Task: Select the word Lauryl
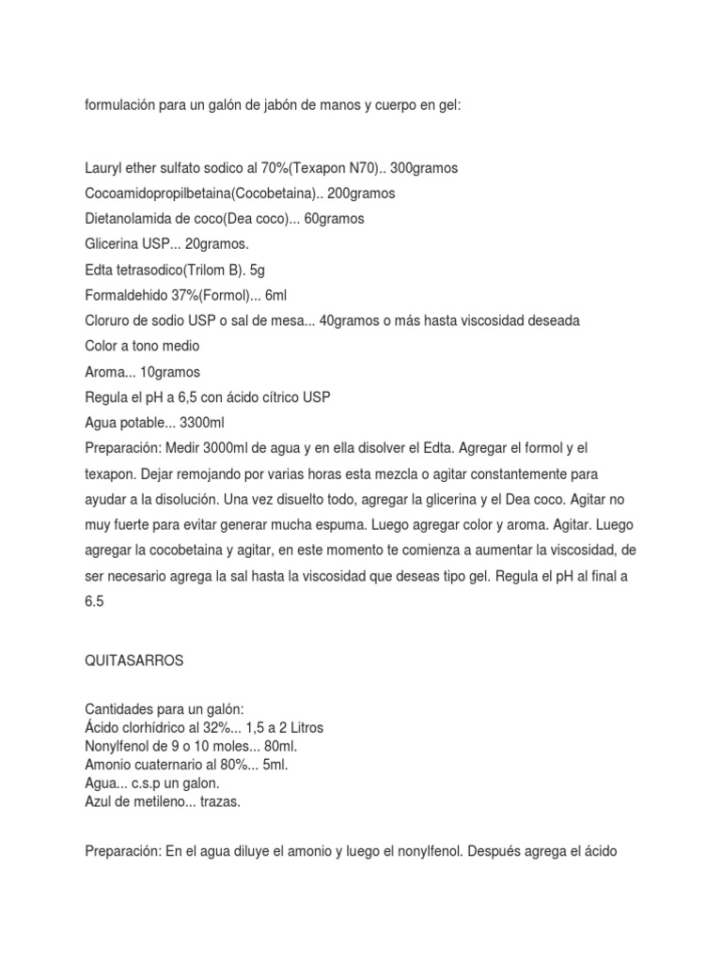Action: tap(103, 168)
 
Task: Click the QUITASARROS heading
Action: tap(134, 661)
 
